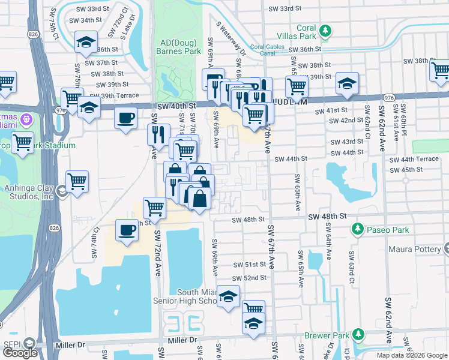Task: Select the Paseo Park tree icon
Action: [358, 229]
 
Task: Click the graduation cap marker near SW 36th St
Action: [86, 42]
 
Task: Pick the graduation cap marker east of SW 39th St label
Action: [347, 83]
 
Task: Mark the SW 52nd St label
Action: [250, 278]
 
